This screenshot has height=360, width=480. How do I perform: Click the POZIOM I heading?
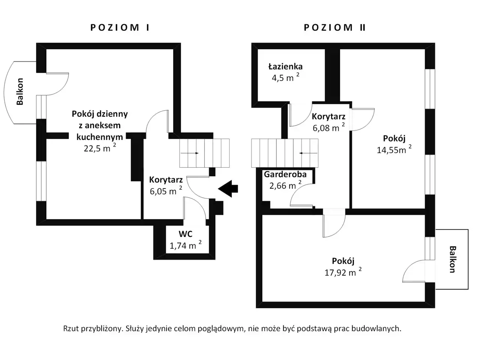[120, 28]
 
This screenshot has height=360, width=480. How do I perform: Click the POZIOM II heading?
[334, 28]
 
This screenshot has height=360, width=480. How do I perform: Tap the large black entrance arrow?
[228, 189]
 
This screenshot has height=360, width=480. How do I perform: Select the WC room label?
[186, 234]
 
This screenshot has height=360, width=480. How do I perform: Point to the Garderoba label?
[285, 174]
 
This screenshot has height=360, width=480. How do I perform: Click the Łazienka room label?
[285, 66]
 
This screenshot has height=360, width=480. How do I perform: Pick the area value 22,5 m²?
[100, 148]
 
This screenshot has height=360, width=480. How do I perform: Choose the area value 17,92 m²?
[343, 272]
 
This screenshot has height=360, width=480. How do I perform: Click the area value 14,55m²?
[394, 150]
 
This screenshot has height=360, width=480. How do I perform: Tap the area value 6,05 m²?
[166, 191]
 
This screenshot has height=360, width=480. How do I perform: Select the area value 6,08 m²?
[328, 127]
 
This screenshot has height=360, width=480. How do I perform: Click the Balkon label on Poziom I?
[20, 91]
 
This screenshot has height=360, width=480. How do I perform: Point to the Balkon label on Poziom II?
[453, 259]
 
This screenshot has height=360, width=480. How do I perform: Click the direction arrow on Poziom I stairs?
[190, 153]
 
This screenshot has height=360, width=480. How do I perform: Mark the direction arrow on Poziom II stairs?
[308, 153]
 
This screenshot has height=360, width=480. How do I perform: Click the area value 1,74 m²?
[186, 245]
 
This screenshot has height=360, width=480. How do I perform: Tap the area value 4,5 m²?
[285, 78]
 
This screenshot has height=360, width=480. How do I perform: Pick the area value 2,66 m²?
[285, 185]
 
